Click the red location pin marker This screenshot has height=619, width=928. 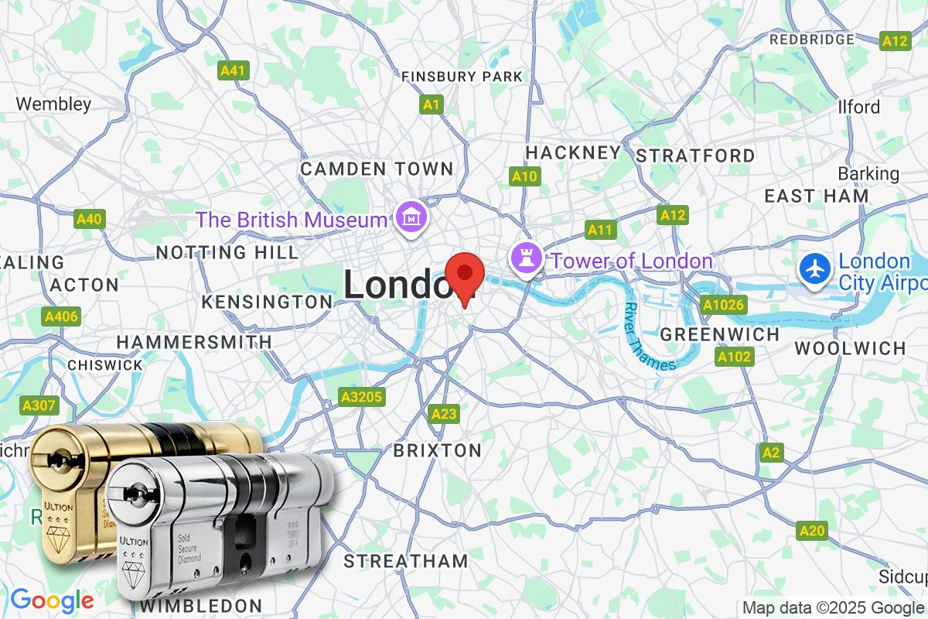click(465, 277)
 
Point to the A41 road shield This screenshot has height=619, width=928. click(233, 70)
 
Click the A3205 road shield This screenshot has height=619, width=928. click(361, 398)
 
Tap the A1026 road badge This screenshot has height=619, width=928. click(724, 305)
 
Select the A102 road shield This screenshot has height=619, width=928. click(734, 357)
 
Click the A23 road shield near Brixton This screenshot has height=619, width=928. click(444, 414)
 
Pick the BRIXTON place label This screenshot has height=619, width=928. click(438, 450)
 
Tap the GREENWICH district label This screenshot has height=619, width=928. click(720, 334)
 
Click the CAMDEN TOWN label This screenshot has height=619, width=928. click(377, 169)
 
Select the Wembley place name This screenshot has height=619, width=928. click(53, 104)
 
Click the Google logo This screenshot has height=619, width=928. click(52, 600)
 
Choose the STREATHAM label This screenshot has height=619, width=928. click(406, 561)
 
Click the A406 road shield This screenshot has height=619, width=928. click(61, 316)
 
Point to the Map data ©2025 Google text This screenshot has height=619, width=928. click(834, 607)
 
